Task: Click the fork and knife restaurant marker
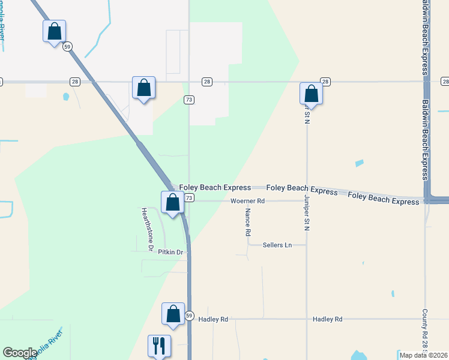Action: click(160, 345)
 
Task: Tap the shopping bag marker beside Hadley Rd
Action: click(173, 314)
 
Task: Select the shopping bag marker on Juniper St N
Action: click(311, 94)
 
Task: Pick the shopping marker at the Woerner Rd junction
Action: click(172, 202)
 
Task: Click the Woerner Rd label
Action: click(247, 201)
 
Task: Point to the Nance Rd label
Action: click(247, 221)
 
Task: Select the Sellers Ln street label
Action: click(277, 245)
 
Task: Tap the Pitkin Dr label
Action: click(170, 253)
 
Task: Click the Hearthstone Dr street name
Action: click(147, 229)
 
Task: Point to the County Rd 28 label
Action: click(424, 330)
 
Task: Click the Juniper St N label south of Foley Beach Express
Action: click(306, 211)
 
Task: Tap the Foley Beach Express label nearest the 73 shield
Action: click(206, 187)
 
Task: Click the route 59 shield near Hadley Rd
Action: click(189, 316)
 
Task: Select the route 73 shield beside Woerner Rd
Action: click(189, 198)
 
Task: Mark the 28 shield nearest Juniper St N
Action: click(325, 82)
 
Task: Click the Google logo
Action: click(20, 353)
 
